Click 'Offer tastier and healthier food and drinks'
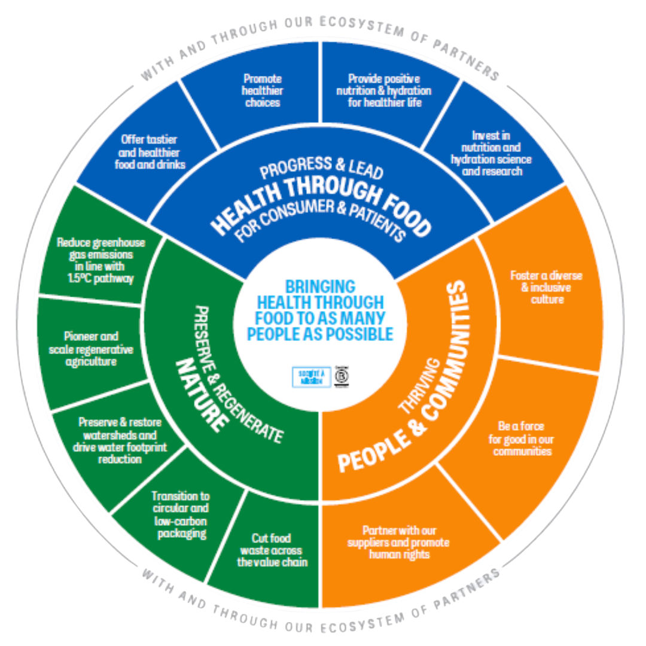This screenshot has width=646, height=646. pos(150,152)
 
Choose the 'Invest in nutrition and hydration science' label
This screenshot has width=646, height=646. pos(491,153)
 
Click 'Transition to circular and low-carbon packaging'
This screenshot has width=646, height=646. pos(180,514)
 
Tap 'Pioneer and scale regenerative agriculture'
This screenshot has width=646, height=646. pos(91,349)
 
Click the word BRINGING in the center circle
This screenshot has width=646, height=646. pos(319,286)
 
